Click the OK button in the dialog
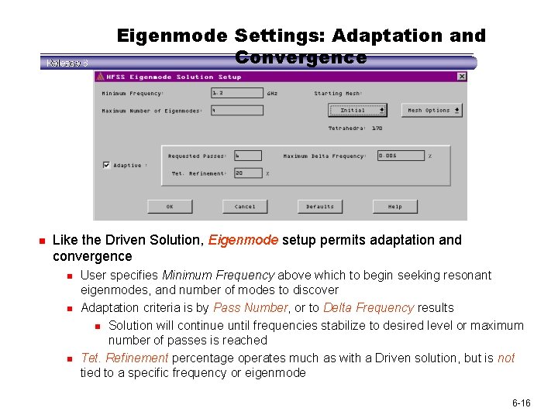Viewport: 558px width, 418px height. coord(170,207)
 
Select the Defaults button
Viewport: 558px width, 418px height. coord(320,207)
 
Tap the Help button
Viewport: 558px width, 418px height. coord(395,207)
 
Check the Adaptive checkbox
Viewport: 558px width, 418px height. coord(106,165)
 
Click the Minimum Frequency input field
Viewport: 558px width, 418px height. coord(236,94)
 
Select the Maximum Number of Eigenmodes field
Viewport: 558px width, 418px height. coord(236,111)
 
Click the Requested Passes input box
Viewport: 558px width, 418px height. coord(248,156)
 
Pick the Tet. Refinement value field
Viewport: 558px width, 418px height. coord(248,173)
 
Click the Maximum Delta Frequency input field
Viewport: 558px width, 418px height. coord(401,156)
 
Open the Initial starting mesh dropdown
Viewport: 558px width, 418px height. coord(357,110)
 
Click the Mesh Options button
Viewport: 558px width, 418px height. coord(432,110)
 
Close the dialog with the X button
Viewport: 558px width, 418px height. coord(462,77)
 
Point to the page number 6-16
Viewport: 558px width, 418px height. coord(521,404)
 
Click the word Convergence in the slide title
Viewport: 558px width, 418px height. coord(301,57)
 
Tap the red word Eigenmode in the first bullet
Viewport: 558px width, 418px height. coord(243,240)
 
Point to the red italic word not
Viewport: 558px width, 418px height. coord(506,358)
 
